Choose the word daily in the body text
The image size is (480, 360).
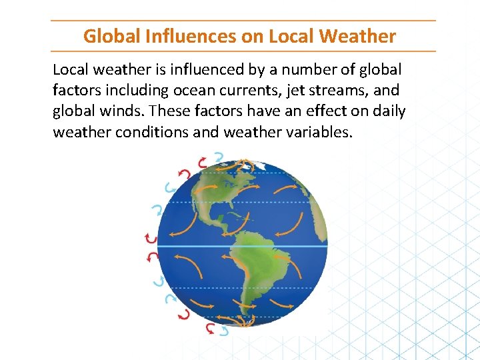click(387, 111)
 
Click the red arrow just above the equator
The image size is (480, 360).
click(151, 238)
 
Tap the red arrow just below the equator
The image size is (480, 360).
click(153, 255)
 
